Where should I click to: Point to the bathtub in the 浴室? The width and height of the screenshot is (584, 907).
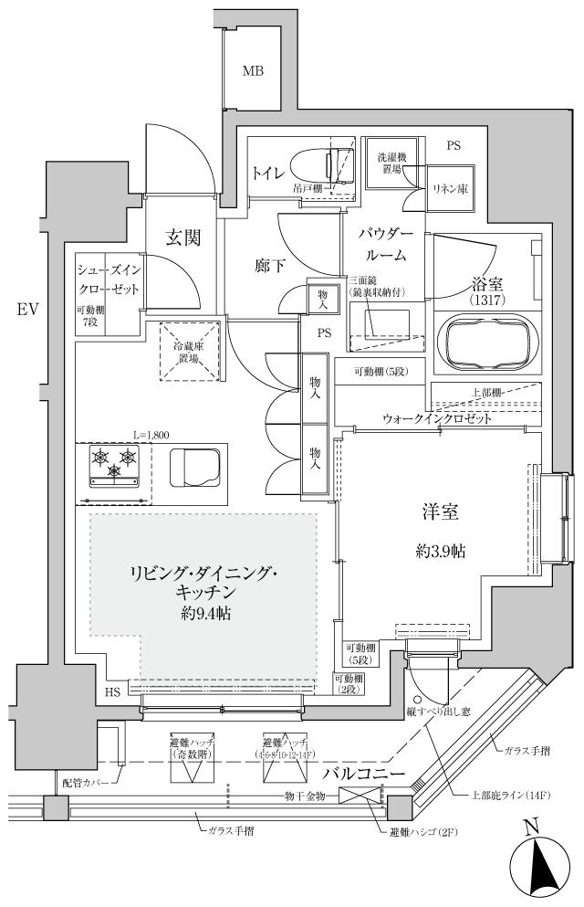(x=485, y=341)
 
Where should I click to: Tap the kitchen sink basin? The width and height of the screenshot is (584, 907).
(x=194, y=469)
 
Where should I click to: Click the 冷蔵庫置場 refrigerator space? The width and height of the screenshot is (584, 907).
(x=190, y=352)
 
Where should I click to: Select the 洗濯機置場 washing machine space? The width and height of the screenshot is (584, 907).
(x=391, y=164)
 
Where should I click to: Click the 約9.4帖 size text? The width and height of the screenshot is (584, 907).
(x=204, y=613)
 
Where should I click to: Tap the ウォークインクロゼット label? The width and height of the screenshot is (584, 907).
(x=437, y=419)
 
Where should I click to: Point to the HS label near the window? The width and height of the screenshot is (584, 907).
(x=112, y=692)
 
